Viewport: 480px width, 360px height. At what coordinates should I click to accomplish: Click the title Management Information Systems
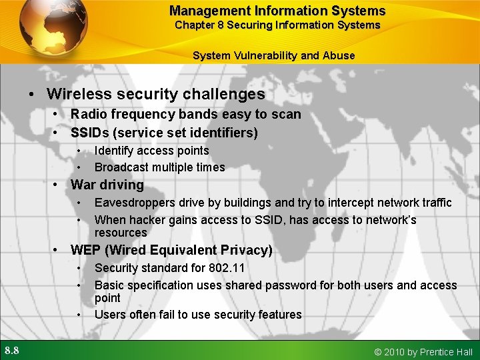click(277, 11)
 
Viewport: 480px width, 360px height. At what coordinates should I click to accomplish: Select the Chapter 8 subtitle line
click(277, 25)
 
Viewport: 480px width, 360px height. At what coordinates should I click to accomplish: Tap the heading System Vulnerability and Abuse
click(273, 56)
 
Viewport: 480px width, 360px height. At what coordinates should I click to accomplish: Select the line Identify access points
click(151, 151)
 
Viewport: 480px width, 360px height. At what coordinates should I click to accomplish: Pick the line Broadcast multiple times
click(159, 167)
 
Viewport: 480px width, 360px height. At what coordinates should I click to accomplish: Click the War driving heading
click(107, 185)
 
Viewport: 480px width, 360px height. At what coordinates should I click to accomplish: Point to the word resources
click(120, 233)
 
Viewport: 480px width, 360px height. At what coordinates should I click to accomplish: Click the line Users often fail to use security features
click(198, 315)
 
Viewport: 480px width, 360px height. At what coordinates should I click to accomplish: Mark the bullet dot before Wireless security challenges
click(32, 95)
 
